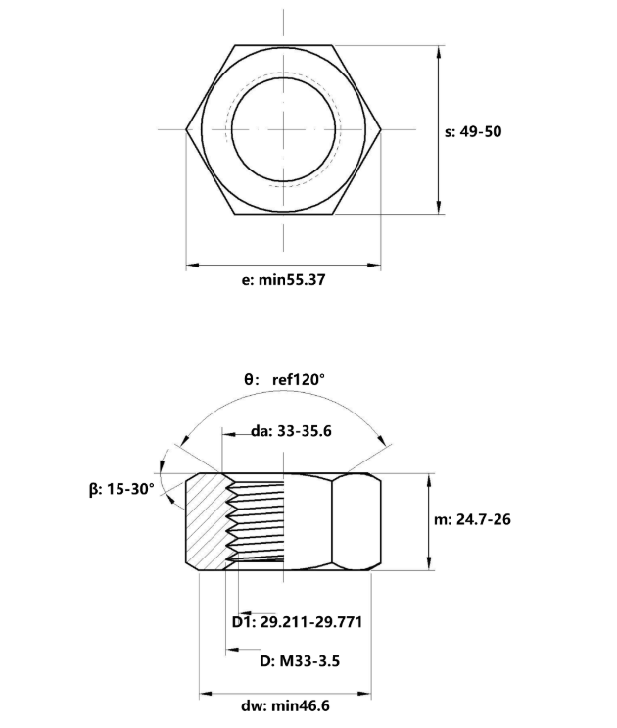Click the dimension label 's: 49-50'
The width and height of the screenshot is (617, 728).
tap(473, 131)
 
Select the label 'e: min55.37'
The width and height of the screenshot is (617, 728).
tap(283, 280)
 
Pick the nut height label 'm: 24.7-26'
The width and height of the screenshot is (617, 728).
tap(472, 519)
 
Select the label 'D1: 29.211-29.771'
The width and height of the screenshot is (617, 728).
tap(303, 622)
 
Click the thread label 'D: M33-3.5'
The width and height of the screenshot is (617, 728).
tap(300, 660)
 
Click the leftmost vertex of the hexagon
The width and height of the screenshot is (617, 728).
tap(186, 128)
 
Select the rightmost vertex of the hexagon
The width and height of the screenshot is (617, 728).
tap(381, 128)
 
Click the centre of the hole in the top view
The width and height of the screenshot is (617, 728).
tap(283, 128)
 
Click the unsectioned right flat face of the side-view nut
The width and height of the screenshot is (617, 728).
tap(355, 519)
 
